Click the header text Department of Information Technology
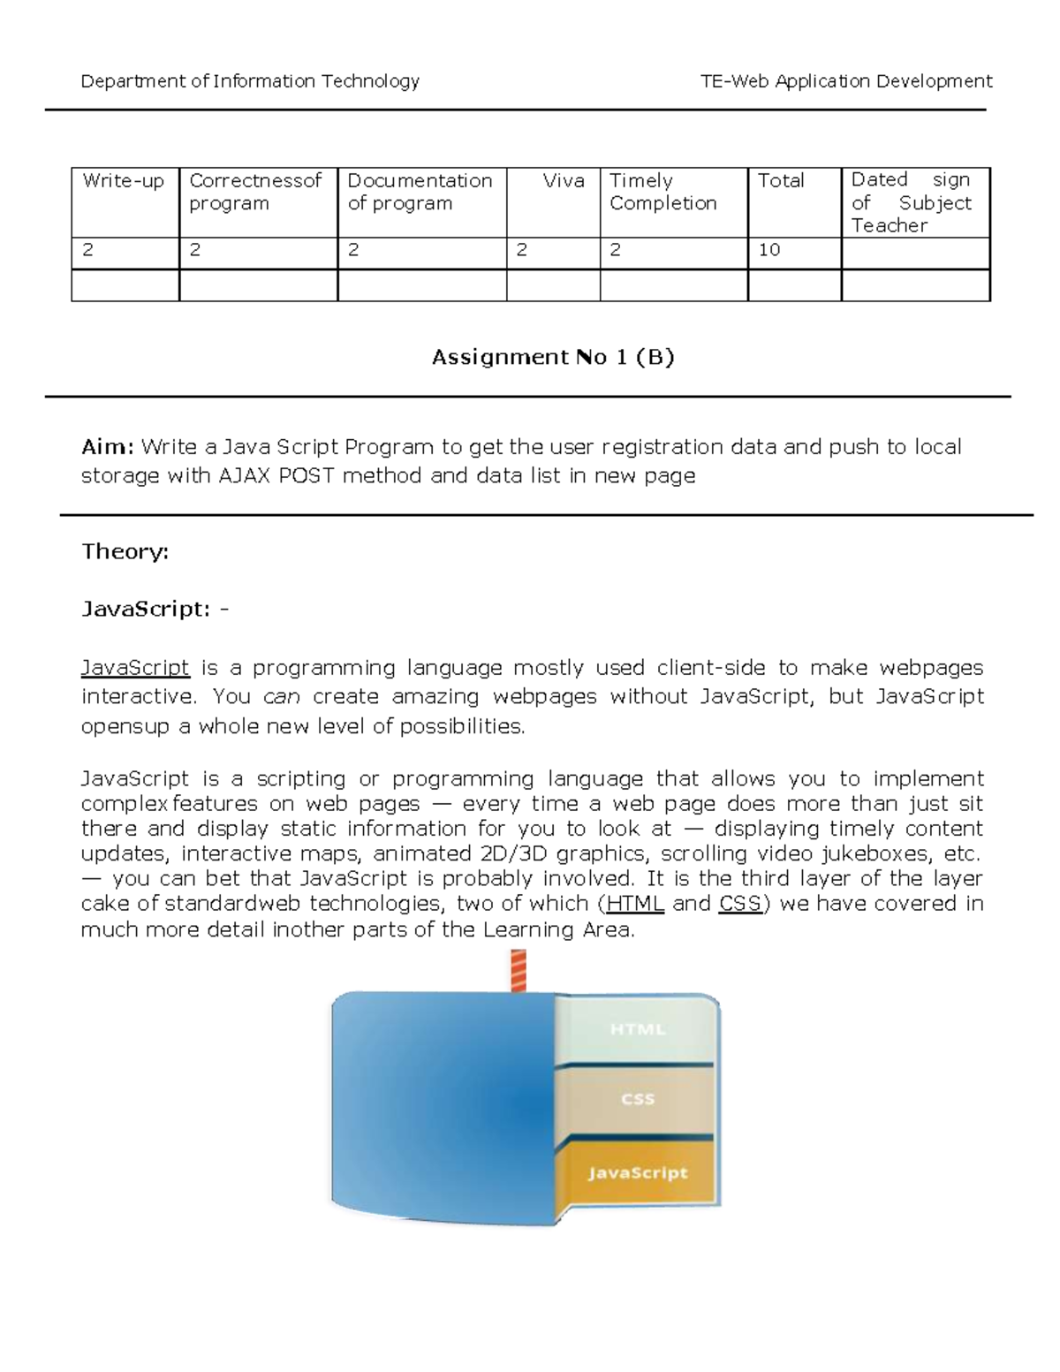[x=250, y=81]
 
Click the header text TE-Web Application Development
[x=845, y=81]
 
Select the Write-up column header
[x=124, y=181]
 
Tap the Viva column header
[x=563, y=181]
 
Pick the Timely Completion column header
[x=662, y=192]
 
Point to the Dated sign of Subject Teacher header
[x=911, y=202]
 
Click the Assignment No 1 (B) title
[x=552, y=357]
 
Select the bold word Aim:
[x=107, y=447]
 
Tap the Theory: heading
[x=125, y=552]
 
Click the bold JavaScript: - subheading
[x=155, y=610]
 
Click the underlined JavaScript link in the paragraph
[x=135, y=667]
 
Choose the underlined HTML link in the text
[x=635, y=904]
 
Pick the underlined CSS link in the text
[x=740, y=904]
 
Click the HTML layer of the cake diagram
[x=637, y=1029]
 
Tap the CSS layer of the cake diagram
[x=637, y=1099]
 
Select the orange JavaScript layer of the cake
[x=637, y=1172]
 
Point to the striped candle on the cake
[x=519, y=971]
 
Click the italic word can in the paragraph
[x=282, y=697]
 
